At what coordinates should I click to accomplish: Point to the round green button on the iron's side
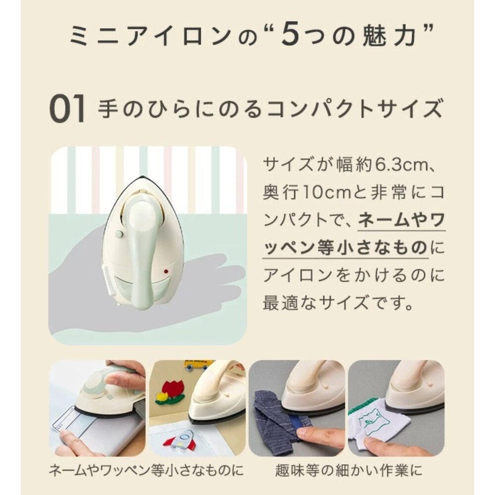tap(118, 234)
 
